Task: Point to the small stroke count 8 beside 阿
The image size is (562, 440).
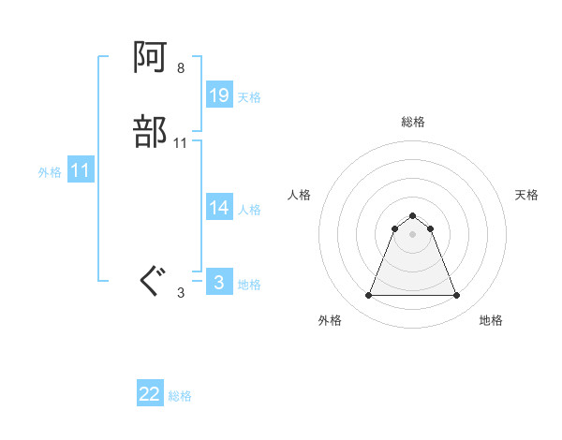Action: [x=180, y=68]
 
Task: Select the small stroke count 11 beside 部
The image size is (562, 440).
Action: [x=181, y=143]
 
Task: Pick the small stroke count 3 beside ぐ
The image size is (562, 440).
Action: [x=181, y=292]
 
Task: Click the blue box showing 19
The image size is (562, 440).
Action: [x=219, y=95]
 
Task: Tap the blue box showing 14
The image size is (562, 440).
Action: [x=219, y=208]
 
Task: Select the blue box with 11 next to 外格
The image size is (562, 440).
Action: [x=81, y=170]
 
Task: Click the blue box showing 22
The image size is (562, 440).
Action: [x=150, y=394]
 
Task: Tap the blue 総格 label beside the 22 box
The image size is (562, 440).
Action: [x=181, y=396]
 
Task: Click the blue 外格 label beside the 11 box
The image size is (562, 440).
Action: [x=50, y=172]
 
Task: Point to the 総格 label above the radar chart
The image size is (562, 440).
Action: [x=412, y=122]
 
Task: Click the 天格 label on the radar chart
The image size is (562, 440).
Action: [x=526, y=195]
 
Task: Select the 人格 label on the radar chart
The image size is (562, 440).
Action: [x=299, y=195]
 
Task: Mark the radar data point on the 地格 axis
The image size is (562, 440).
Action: [x=456, y=296]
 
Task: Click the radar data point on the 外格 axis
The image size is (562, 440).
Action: [x=368, y=296]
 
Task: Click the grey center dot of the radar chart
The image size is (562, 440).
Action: [x=412, y=234]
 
